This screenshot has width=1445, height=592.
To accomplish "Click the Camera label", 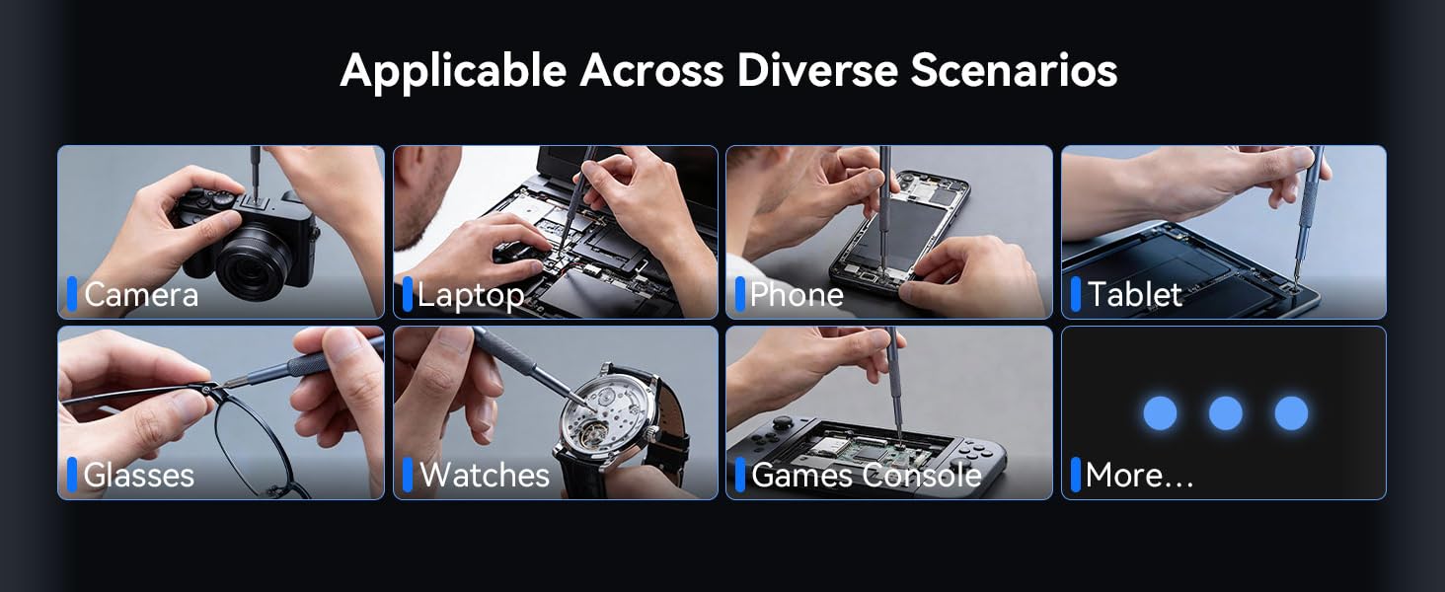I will (141, 294).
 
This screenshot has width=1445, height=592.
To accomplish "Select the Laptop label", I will (471, 295).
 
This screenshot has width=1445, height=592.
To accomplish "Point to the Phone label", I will (797, 294).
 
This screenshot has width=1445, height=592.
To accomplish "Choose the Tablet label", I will (1134, 294).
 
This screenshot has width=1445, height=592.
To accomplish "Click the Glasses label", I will (138, 476).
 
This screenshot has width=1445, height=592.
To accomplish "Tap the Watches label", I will (484, 475).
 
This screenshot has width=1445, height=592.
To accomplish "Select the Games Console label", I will (866, 476).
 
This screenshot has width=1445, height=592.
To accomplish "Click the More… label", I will (1139, 476).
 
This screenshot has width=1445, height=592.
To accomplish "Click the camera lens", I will (253, 261).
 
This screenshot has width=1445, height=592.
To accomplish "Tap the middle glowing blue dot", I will (1225, 413).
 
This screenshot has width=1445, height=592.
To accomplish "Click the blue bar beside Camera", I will (72, 294).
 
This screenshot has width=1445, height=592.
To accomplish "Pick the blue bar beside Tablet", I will (1076, 294).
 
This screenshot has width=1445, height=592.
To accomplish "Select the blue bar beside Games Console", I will (740, 475).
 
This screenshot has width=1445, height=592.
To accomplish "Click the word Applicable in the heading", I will (453, 71).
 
